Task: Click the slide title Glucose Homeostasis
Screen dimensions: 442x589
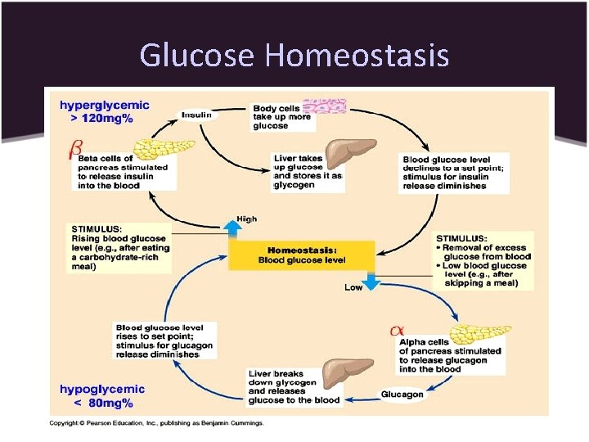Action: coord(294,55)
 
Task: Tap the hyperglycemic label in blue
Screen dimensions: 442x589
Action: coord(104,106)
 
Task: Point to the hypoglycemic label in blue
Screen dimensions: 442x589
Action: coord(101,389)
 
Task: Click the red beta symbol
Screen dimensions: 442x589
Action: coord(75,150)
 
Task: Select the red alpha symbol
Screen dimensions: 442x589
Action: coord(397,330)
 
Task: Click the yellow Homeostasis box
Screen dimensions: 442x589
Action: coord(302,255)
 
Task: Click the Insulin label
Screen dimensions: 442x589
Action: coord(196,115)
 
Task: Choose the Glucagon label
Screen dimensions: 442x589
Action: coord(402,395)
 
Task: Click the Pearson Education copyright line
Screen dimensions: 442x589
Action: coord(157,422)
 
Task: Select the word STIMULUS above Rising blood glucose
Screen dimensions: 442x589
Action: coord(96,228)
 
